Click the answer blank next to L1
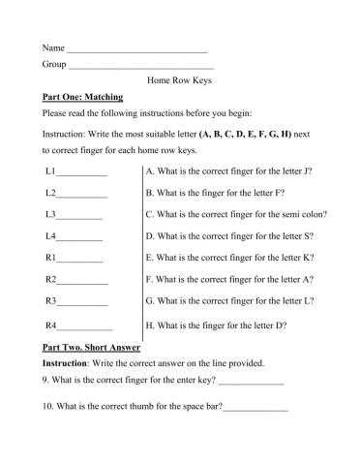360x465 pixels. point(81,173)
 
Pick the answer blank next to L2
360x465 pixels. point(81,196)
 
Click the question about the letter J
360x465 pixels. point(227,170)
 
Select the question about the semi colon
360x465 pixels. point(235,214)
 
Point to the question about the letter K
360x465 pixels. point(228,258)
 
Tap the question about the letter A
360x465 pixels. point(228,279)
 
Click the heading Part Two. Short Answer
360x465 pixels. point(92,347)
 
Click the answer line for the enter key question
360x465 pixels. point(250,382)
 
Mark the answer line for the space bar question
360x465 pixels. point(255,407)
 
